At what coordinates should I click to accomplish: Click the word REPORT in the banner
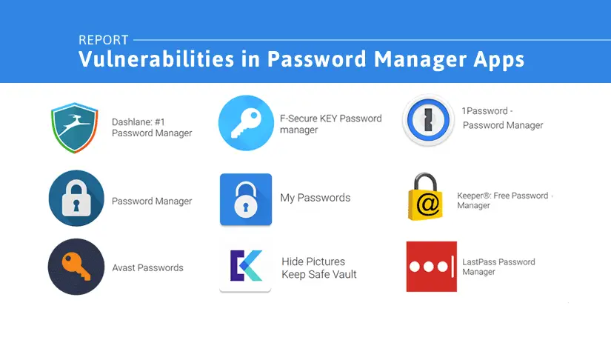(103, 40)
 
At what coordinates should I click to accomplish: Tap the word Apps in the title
(495, 60)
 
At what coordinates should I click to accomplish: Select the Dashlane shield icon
(75, 127)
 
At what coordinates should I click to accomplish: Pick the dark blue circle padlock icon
(76, 199)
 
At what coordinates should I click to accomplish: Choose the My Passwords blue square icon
(246, 199)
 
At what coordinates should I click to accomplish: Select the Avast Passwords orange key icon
(76, 267)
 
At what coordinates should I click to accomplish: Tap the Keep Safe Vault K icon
(245, 266)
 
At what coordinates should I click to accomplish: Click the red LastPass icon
(431, 267)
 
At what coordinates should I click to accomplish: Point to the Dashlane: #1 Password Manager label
(152, 127)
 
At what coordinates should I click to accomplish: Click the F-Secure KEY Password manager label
(330, 124)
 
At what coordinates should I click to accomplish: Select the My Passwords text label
(315, 198)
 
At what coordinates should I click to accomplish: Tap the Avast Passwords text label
(147, 267)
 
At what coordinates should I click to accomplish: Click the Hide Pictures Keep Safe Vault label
(318, 268)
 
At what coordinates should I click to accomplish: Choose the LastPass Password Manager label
(498, 267)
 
